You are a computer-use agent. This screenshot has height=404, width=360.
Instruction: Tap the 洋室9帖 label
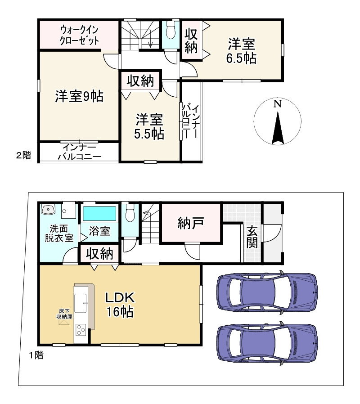79,96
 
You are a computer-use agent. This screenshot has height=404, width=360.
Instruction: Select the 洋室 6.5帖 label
242,51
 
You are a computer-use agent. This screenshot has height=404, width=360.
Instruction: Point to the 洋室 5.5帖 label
149,126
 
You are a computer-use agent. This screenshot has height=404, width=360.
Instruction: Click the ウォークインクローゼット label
79,36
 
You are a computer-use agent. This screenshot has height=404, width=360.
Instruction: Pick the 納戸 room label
191,223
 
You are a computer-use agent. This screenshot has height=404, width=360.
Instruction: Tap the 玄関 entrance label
252,237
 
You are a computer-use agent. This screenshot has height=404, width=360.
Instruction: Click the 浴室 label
99,231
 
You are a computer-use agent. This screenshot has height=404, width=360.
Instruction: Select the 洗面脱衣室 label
59,233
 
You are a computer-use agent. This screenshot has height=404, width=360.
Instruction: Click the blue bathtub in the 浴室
99,214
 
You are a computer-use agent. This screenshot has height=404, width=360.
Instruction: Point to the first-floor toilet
130,213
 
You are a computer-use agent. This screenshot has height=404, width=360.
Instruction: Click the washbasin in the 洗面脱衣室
48,209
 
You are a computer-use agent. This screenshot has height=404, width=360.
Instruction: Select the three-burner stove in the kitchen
81,330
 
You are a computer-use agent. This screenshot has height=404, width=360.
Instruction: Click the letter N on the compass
278,104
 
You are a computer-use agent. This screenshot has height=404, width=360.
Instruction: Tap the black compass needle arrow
278,128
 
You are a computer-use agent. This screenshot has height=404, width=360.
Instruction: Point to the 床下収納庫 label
64,314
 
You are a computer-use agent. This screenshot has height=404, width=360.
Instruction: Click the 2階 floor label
24,155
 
